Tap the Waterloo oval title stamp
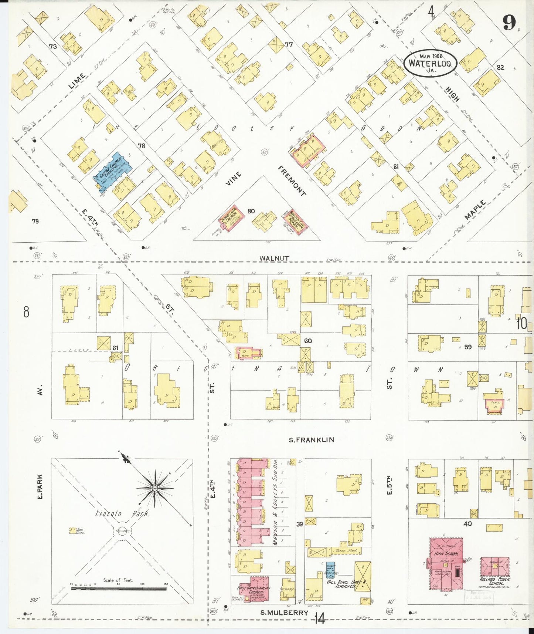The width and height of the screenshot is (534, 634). pos(430,63)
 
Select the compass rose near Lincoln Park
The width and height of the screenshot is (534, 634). pos(155,488)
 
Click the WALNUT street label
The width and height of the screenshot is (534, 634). pos(274,258)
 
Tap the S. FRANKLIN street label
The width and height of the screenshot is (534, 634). pos(312,440)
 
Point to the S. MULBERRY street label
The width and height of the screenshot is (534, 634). pos(284,613)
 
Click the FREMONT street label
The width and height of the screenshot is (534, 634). pos(292,181)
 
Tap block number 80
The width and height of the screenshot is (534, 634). pos(251,211)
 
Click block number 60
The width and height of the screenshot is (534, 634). pos(307,341)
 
